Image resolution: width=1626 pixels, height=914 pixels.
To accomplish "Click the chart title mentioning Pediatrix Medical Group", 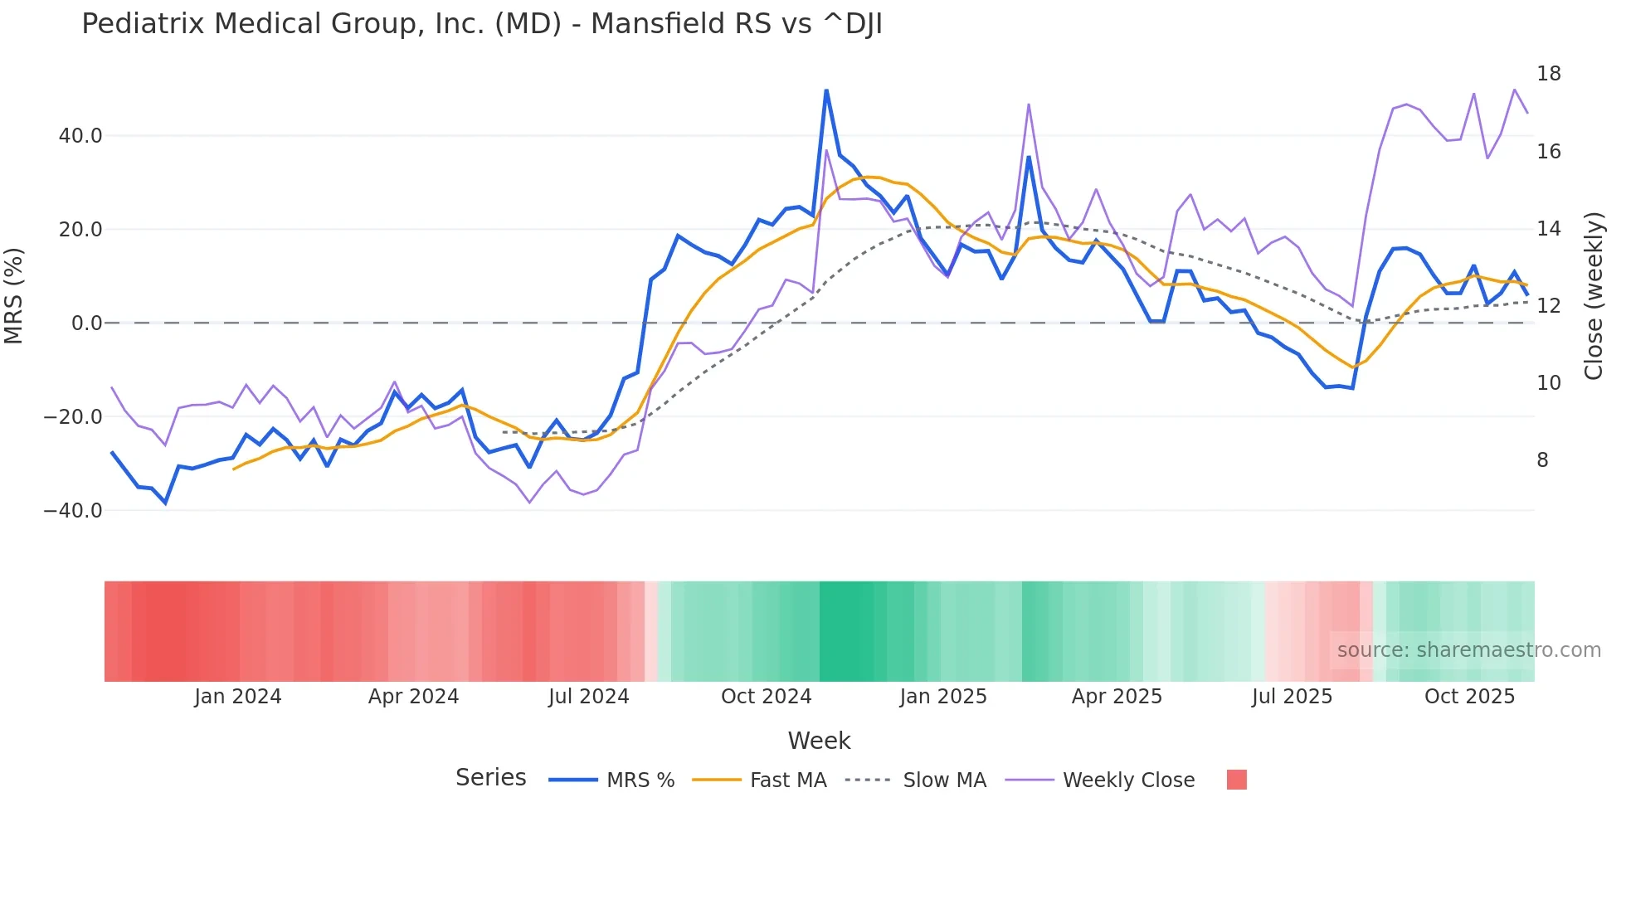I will pyautogui.click(x=481, y=24).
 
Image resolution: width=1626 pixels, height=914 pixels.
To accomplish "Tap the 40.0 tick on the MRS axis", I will pyautogui.click(x=80, y=135).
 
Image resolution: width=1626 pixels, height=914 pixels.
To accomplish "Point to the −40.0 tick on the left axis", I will pyautogui.click(x=73, y=510).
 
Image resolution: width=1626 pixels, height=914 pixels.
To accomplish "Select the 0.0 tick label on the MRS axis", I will pyautogui.click(x=86, y=323).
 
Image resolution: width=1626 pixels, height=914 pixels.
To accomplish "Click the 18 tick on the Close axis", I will pyautogui.click(x=1548, y=74).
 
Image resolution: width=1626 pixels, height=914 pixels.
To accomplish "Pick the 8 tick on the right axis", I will pyautogui.click(x=1542, y=460).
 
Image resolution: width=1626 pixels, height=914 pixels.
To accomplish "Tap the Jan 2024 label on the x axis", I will pyautogui.click(x=238, y=697).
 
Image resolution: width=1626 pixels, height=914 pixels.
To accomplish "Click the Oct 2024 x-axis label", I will pyautogui.click(x=766, y=697).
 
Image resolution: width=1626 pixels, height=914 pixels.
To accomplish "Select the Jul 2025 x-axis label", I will pyautogui.click(x=1292, y=697).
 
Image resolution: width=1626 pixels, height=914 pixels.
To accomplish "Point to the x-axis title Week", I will pyautogui.click(x=819, y=741).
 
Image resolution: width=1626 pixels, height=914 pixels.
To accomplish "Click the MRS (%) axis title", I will pyautogui.click(x=14, y=295).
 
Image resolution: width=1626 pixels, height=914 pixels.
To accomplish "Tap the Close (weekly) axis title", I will pyautogui.click(x=1593, y=295).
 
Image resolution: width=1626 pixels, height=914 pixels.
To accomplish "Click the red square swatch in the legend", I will pyautogui.click(x=1236, y=780).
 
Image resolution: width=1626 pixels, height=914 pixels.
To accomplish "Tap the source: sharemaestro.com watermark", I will pyautogui.click(x=1468, y=650).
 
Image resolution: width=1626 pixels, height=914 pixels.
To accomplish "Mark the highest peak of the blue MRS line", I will pyautogui.click(x=826, y=90).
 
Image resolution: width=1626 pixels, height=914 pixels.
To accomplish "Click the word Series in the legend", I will pyautogui.click(x=490, y=778).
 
